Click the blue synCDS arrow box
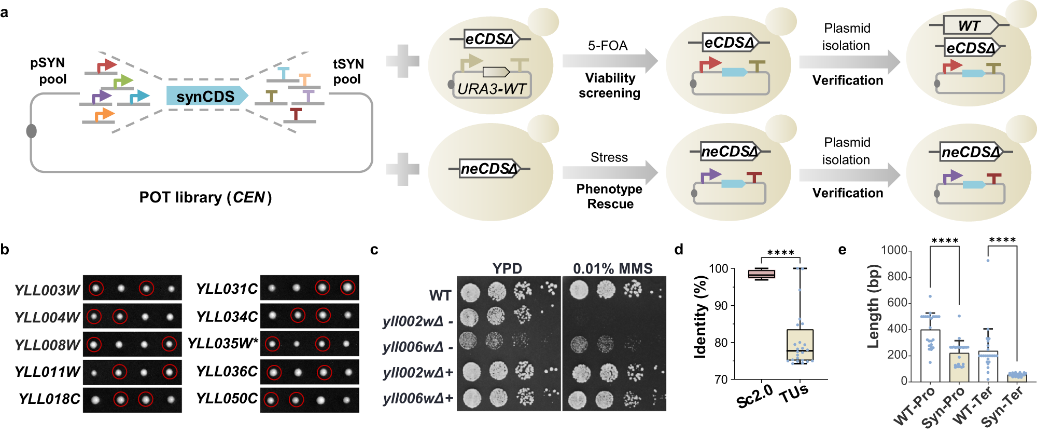tap(206, 96)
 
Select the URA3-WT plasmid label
tap(492, 89)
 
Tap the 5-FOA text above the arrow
tap(608, 46)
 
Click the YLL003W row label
tap(47, 290)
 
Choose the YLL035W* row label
tap(222, 344)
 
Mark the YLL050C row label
tap(227, 399)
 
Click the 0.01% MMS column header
tap(612, 268)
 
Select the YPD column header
tap(507, 268)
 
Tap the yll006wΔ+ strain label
tap(418, 399)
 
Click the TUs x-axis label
tap(794, 395)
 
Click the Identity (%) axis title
tap(700, 317)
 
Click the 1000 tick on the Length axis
tap(894, 250)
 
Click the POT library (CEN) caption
tap(205, 197)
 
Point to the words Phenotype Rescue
tap(610, 196)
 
